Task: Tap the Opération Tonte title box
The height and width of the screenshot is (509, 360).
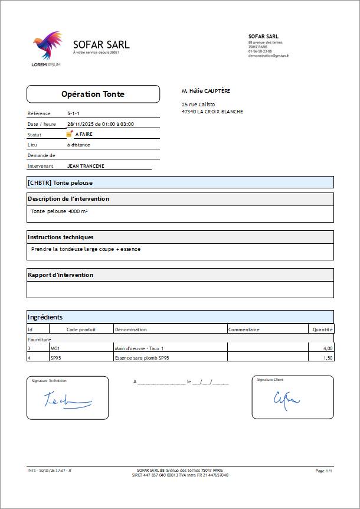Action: coord(93,94)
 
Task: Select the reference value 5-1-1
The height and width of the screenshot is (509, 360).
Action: coord(74,113)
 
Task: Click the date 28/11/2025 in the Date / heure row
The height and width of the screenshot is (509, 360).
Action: coord(79,124)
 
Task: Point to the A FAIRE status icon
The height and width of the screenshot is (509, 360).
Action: coord(70,134)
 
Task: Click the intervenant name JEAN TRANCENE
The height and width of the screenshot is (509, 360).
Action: coord(86,166)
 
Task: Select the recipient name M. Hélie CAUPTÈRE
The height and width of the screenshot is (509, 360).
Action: coord(206,91)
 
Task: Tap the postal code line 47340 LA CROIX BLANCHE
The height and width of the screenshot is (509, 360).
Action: coord(212,111)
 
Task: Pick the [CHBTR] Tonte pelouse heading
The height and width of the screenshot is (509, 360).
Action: coord(60,182)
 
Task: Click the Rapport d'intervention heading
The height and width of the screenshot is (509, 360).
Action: coord(61,275)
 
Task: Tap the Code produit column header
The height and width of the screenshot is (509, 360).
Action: coord(81,329)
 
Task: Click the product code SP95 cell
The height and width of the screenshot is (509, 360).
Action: coord(57,357)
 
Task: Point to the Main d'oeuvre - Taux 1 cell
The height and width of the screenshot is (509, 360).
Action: coord(139,349)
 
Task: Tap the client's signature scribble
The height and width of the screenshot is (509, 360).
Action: coord(286,400)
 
